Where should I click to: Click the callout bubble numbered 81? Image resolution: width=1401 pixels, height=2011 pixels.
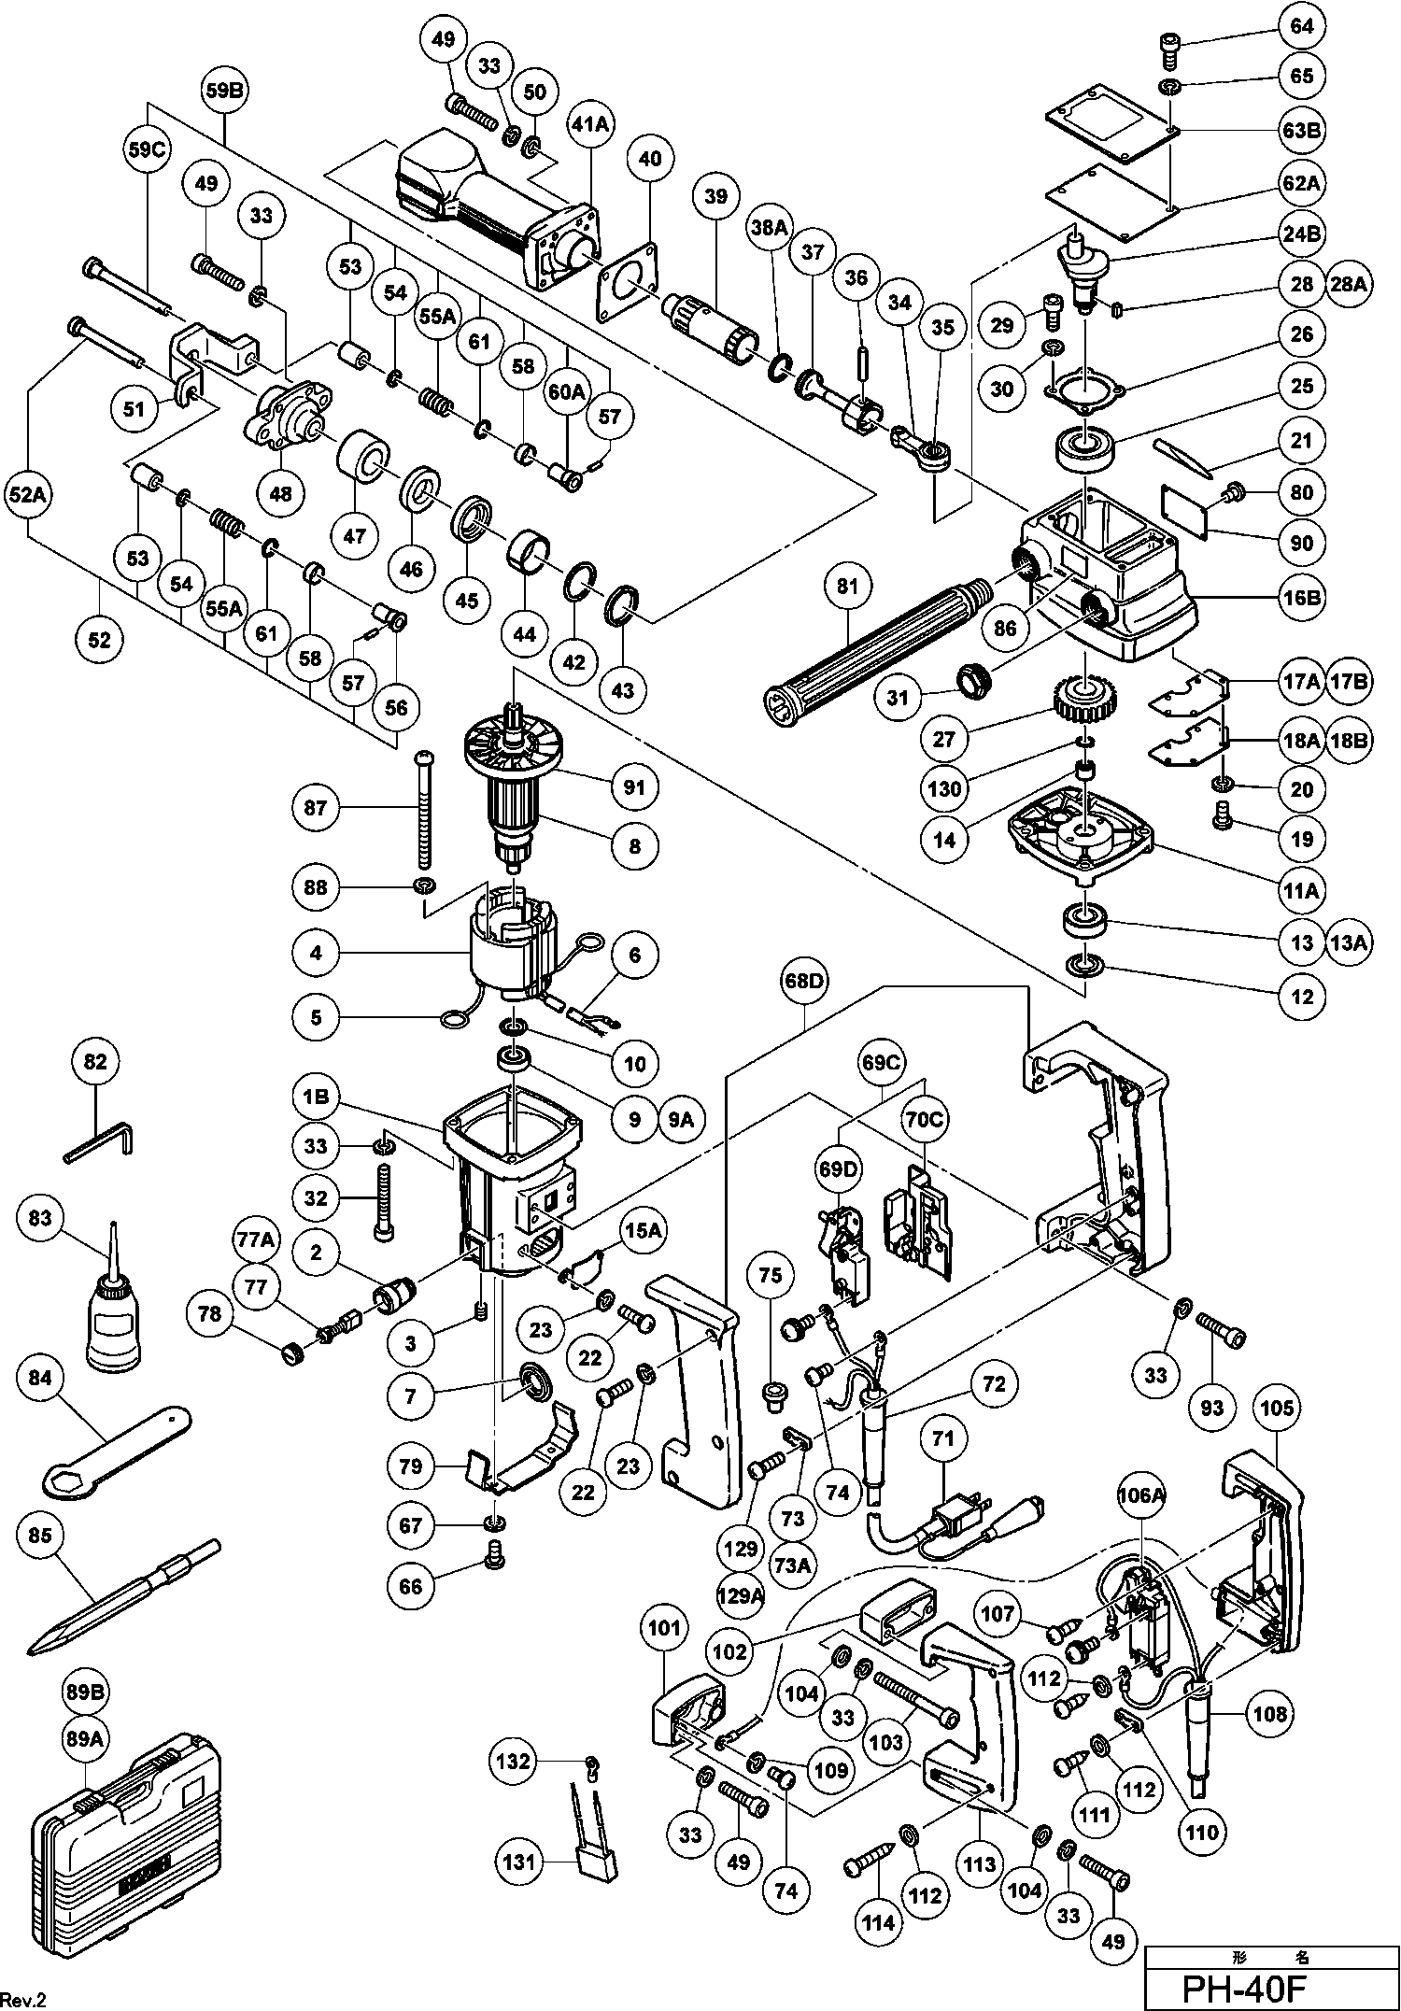(848, 587)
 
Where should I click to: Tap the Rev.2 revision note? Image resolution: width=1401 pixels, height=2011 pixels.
(24, 2000)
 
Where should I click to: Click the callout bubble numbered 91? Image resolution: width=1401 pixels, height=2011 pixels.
(634, 787)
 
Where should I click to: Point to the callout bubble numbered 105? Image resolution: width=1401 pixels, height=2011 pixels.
(1276, 1408)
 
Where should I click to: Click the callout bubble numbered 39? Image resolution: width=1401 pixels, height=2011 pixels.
(715, 196)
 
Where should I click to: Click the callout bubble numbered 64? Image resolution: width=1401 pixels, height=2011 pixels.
(1302, 26)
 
